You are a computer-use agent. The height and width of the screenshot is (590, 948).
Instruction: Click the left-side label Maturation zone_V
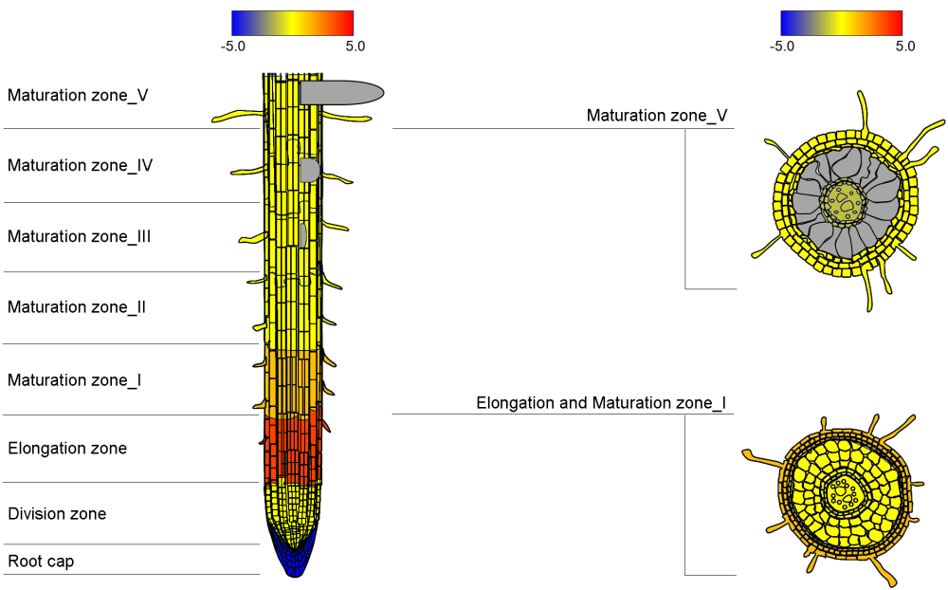pyautogui.click(x=78, y=96)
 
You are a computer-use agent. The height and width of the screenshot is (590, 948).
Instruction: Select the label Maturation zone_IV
pyautogui.click(x=80, y=165)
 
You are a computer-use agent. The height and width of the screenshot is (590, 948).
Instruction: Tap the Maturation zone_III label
pyautogui.click(x=79, y=236)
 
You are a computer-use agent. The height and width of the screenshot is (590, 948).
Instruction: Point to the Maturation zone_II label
pyautogui.click(x=76, y=306)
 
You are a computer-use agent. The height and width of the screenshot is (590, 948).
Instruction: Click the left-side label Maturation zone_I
pyautogui.click(x=74, y=380)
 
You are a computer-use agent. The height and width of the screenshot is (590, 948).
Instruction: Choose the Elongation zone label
pyautogui.click(x=67, y=449)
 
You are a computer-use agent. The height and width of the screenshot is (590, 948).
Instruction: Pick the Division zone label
pyautogui.click(x=57, y=514)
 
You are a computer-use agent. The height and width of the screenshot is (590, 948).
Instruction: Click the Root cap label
pyautogui.click(x=41, y=562)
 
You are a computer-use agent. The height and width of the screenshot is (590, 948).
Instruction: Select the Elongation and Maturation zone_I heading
pyautogui.click(x=601, y=403)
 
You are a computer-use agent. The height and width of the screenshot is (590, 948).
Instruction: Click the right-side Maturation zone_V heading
pyautogui.click(x=657, y=116)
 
